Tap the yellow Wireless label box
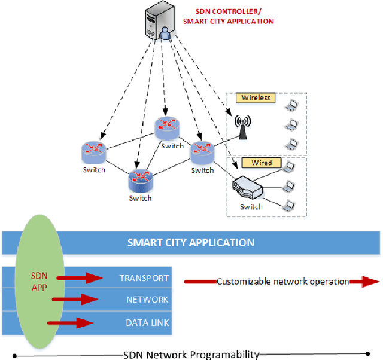(256, 98)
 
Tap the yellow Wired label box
(257, 163)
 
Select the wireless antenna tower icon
(242, 127)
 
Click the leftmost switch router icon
(94, 151)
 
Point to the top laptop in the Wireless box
(291, 106)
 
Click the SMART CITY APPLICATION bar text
(190, 243)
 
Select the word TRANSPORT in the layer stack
(144, 278)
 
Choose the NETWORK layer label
(147, 299)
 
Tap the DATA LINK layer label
(147, 323)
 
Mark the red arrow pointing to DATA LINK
(71, 323)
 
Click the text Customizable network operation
(282, 282)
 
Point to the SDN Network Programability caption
(191, 355)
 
